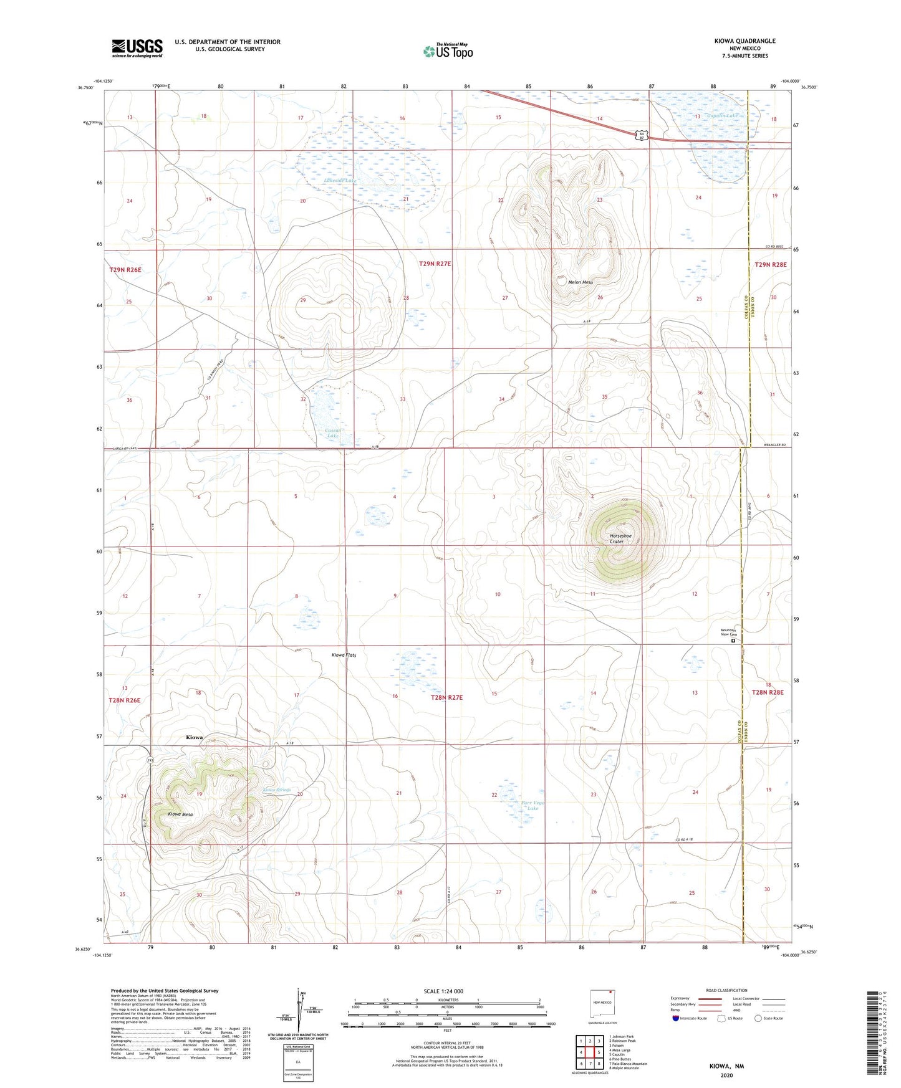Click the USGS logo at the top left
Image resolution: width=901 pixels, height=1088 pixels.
(x=137, y=47)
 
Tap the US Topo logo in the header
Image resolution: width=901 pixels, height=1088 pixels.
(x=448, y=51)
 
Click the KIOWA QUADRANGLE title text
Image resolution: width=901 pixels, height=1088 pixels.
(x=744, y=41)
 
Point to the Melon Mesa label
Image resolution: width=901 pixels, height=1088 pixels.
(x=580, y=282)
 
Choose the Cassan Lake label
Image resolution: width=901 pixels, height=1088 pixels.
(x=333, y=433)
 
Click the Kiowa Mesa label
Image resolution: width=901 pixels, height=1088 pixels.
(x=180, y=814)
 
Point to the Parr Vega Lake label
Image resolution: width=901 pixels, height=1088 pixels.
(x=532, y=805)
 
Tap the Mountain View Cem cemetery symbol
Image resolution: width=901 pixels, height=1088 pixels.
(x=733, y=640)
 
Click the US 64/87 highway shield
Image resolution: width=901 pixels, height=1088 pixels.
(x=641, y=135)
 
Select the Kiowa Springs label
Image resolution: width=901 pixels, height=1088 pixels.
(x=276, y=790)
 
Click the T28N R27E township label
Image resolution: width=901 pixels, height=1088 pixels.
(x=446, y=697)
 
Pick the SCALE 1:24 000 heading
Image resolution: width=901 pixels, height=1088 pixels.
(x=443, y=991)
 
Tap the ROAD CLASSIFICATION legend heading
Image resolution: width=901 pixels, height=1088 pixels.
(x=726, y=990)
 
